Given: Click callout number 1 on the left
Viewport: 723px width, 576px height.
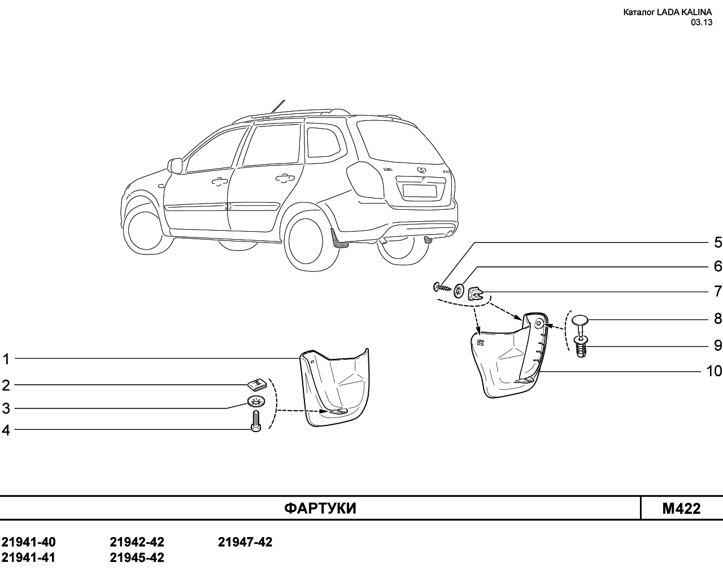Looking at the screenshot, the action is click(x=6, y=359).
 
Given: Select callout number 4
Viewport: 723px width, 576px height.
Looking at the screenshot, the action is click(x=6, y=430).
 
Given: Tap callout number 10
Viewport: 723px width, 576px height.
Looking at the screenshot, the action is click(x=714, y=371).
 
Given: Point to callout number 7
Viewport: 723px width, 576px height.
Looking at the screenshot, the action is click(x=718, y=291).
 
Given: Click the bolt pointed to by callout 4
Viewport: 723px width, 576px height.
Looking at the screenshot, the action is click(x=256, y=421).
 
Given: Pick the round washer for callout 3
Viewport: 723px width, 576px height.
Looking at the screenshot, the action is click(x=256, y=401).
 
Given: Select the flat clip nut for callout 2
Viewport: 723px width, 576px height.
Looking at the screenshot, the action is click(x=256, y=384).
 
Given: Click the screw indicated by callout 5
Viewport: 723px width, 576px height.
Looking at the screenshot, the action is click(x=442, y=287).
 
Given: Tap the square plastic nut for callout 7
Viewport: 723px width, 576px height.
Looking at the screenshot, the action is click(x=474, y=292).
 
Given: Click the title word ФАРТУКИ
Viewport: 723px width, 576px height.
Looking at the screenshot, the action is click(x=320, y=508).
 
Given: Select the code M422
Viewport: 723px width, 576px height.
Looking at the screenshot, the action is click(x=681, y=508).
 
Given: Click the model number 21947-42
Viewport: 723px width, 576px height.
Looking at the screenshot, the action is click(x=245, y=542).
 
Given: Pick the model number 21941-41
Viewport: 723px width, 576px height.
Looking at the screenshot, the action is click(x=28, y=557).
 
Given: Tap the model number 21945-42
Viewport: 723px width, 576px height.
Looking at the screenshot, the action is click(x=137, y=557).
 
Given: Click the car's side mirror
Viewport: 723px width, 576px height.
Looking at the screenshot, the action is click(x=175, y=165).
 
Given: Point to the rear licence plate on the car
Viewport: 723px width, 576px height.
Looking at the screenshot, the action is click(x=420, y=191).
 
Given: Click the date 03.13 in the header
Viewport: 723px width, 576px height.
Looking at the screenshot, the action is click(x=702, y=23).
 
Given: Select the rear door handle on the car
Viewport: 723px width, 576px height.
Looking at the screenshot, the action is click(x=285, y=177).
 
